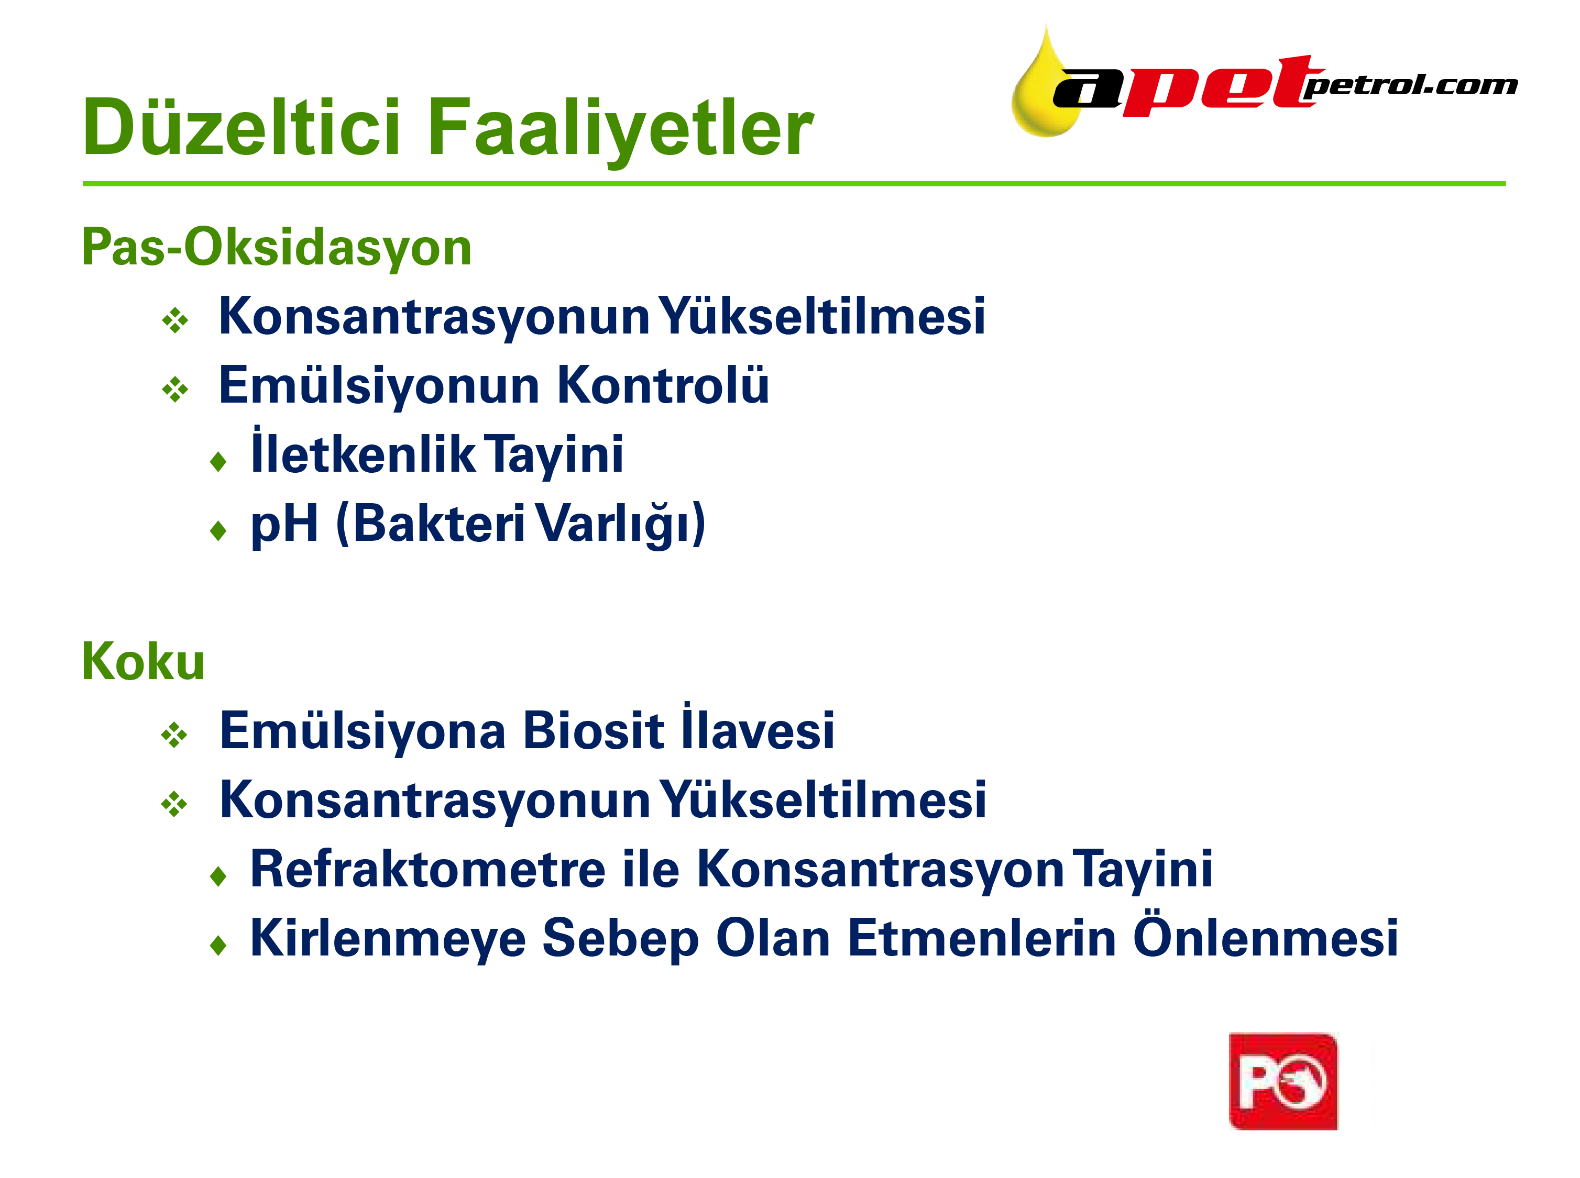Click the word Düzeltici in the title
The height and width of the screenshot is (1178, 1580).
241,127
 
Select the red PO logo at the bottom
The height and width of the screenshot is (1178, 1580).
1282,1081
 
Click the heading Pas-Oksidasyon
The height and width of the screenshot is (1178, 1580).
277,247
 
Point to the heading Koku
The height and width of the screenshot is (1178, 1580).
144,662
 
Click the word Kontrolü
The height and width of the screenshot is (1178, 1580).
663,384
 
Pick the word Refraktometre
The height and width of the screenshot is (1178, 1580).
428,869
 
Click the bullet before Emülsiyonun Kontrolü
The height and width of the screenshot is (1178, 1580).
175,390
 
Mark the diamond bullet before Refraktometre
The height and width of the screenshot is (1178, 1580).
218,876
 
